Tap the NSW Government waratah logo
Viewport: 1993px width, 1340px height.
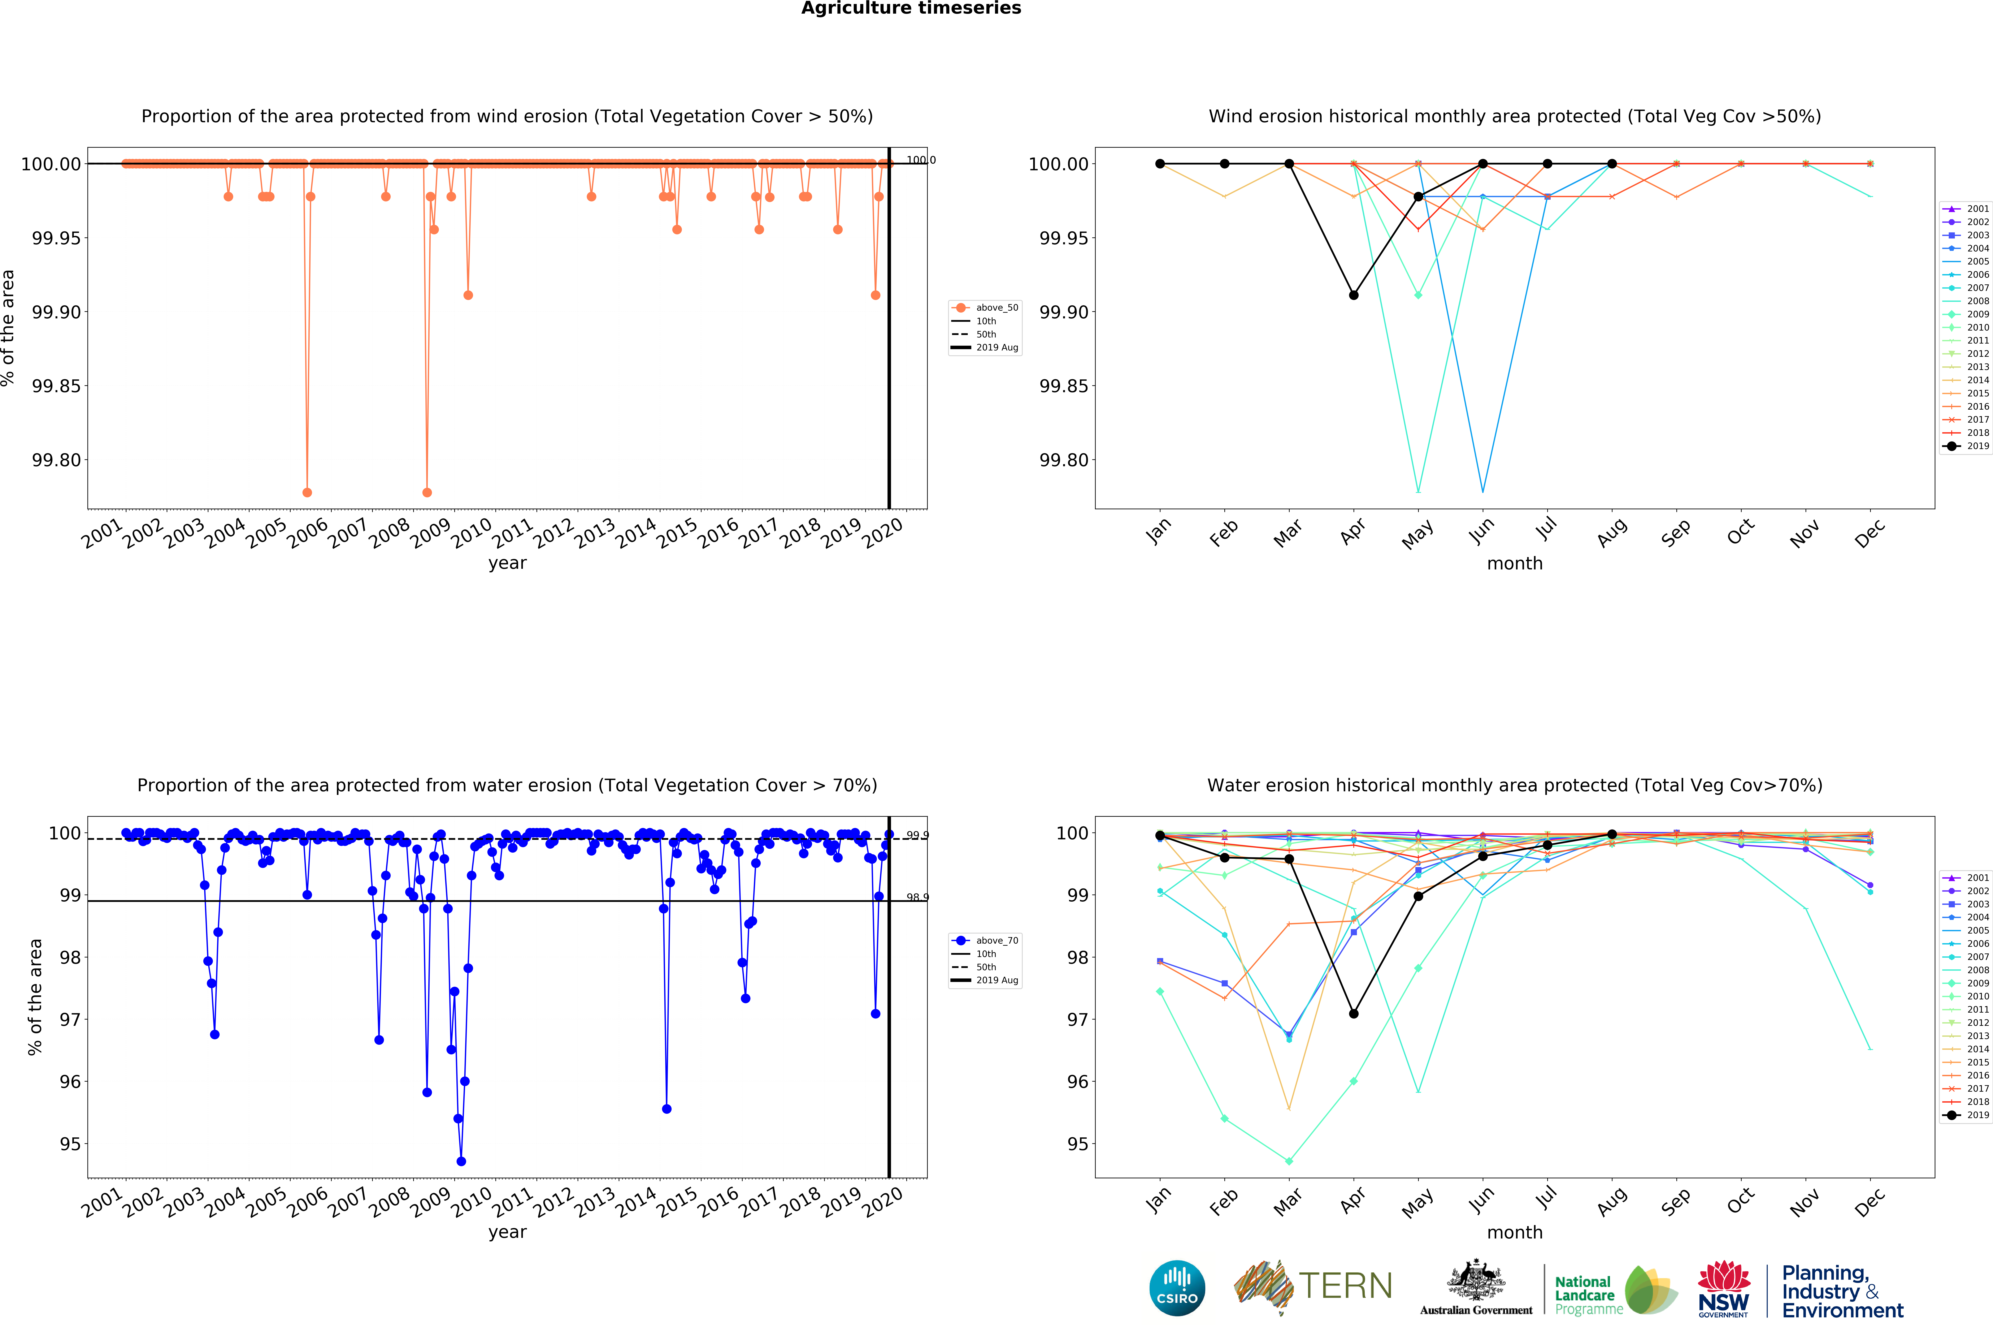coord(1723,1287)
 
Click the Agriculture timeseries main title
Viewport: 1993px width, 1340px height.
coord(911,9)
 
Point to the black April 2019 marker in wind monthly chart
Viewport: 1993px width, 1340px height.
coord(1353,295)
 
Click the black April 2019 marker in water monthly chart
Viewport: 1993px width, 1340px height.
coord(1353,1013)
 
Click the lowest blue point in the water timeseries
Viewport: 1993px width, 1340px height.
coord(461,1161)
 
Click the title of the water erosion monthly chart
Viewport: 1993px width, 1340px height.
coord(1514,785)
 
